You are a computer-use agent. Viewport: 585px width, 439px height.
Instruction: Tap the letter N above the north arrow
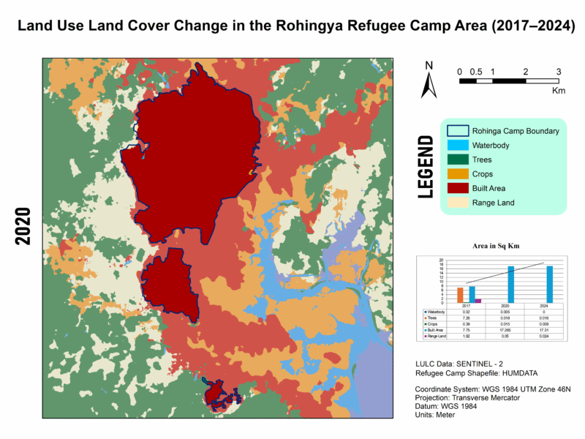[429, 66]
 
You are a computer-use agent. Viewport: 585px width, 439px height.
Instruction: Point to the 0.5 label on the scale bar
[475, 72]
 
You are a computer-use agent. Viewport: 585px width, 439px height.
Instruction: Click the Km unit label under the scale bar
[559, 91]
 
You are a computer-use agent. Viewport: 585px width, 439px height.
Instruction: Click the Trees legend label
[482, 160]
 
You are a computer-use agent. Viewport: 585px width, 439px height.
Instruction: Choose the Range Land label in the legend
[493, 203]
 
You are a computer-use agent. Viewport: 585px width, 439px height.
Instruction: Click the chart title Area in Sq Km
[490, 247]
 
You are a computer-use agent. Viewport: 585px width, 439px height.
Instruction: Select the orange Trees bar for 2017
[460, 295]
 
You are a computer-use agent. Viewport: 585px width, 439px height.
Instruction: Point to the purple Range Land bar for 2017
[478, 300]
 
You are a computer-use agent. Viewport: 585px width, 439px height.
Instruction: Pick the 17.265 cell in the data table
[510, 331]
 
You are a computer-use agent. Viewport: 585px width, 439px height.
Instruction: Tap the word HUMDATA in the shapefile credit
[514, 373]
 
